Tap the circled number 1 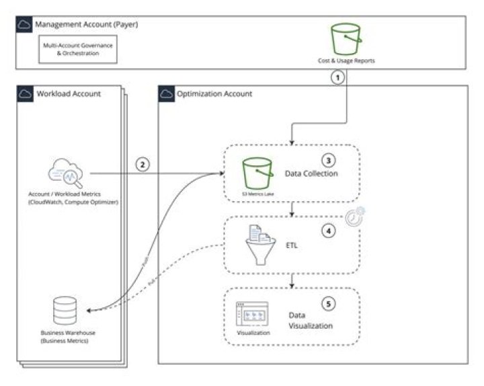tap(340, 77)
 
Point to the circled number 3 tap(328, 161)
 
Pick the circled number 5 tap(328, 303)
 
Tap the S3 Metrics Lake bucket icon tap(257, 173)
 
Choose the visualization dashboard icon tap(252, 314)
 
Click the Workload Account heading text tap(69, 93)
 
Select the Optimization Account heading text tap(214, 93)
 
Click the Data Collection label tap(311, 173)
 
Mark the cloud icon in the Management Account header tap(24, 25)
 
